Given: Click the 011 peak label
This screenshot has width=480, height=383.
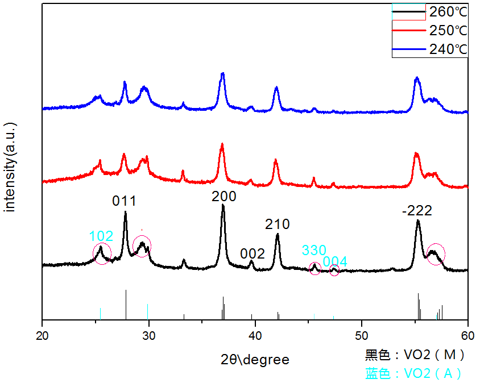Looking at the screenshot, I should click(x=124, y=201).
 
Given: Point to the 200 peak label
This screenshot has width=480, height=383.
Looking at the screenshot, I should click(x=224, y=197).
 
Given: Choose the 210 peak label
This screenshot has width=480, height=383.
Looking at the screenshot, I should click(x=278, y=224).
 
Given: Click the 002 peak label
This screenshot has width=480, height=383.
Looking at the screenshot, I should click(x=252, y=253).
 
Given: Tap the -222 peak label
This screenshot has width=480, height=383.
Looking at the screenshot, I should click(x=417, y=211).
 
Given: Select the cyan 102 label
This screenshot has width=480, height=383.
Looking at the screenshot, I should click(x=101, y=236).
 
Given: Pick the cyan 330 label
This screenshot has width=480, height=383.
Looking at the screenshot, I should click(x=314, y=251).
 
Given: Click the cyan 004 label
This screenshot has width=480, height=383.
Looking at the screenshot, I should click(x=335, y=262).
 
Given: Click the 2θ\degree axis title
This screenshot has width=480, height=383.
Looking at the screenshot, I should click(x=255, y=359).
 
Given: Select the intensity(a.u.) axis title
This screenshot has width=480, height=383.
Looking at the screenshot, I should click(x=10, y=166).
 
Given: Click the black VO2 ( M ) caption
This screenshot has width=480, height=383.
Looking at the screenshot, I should click(x=415, y=356).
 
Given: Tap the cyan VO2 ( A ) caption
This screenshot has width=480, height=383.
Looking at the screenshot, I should click(x=413, y=373).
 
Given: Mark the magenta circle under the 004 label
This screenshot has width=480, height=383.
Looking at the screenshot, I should click(x=334, y=270).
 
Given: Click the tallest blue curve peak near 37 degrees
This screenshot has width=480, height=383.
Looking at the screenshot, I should click(x=222, y=74).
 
